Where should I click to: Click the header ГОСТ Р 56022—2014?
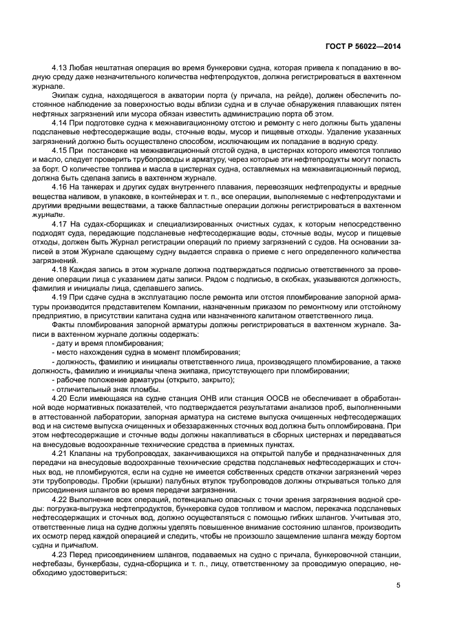[363, 47]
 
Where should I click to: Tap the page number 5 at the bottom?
[399, 585]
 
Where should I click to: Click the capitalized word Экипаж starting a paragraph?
[65, 96]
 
